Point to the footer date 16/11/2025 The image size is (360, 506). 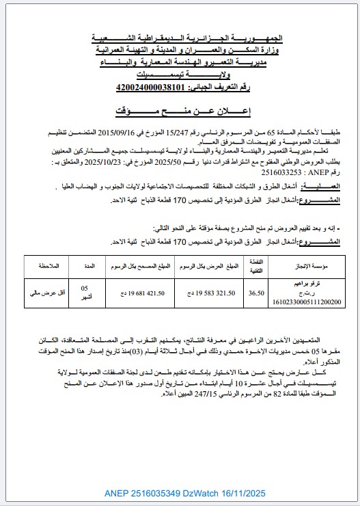(245, 492)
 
